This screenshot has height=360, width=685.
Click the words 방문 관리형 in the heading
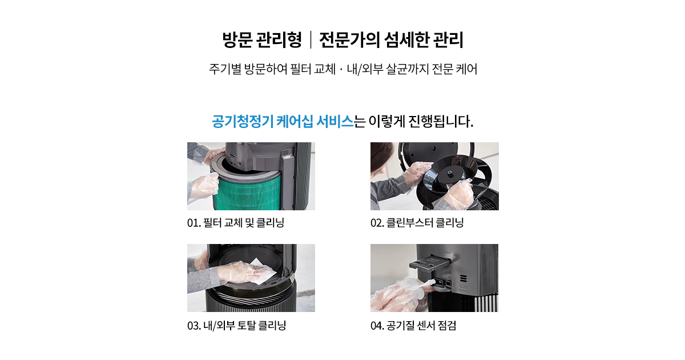pyautogui.click(x=262, y=40)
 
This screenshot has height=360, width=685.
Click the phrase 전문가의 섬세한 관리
pyautogui.click(x=391, y=40)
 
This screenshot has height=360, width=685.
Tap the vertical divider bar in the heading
pyautogui.click(x=311, y=40)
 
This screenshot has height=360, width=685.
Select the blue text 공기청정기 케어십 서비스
pyautogui.click(x=283, y=122)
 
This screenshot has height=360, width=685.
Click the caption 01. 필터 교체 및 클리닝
pyautogui.click(x=236, y=222)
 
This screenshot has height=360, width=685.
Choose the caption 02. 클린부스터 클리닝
pyautogui.click(x=417, y=222)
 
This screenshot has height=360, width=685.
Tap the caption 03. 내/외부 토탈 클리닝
pyautogui.click(x=237, y=325)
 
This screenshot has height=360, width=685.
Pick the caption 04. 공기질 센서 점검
pyautogui.click(x=413, y=325)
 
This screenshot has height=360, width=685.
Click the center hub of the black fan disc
pyautogui.click(x=450, y=174)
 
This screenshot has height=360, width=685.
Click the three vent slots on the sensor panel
pyautogui.click(x=464, y=278)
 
